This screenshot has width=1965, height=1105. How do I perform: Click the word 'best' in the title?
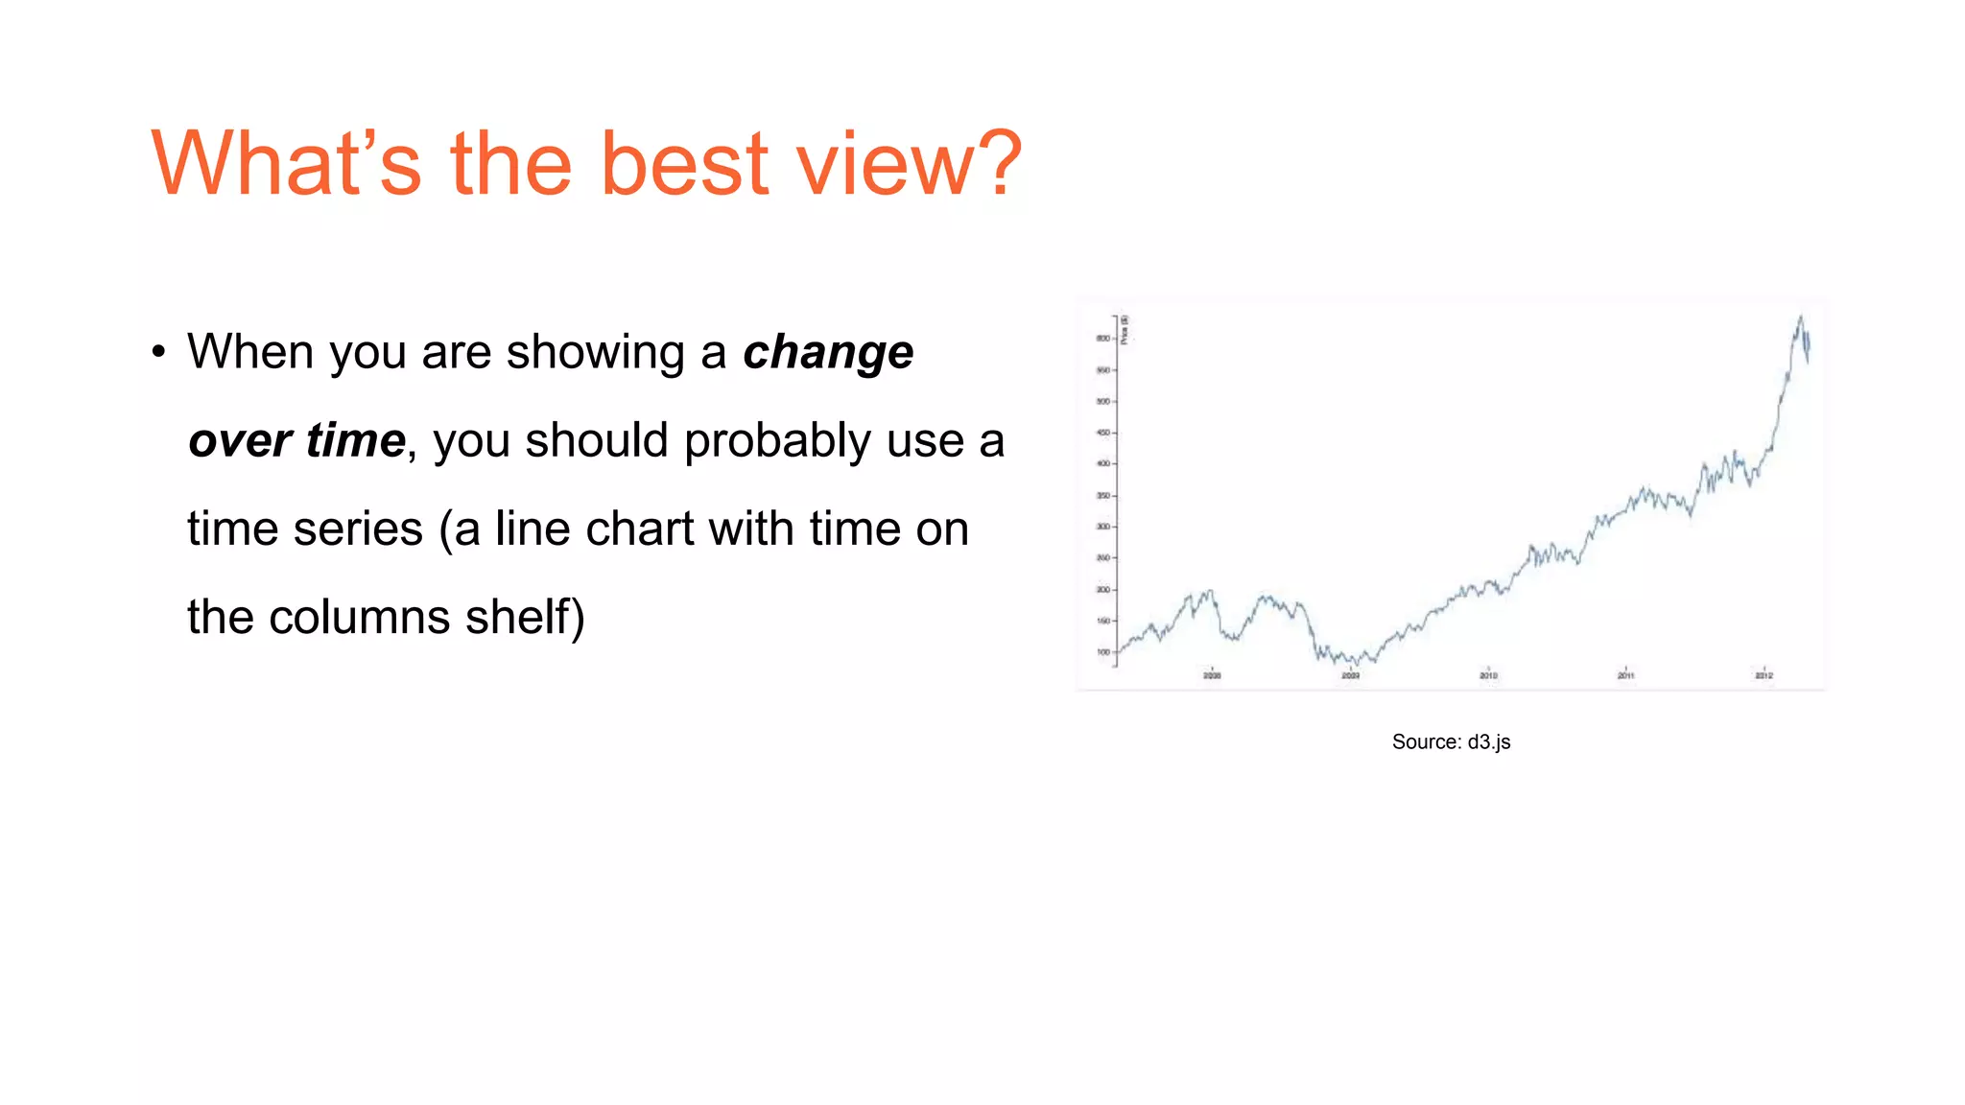(x=685, y=164)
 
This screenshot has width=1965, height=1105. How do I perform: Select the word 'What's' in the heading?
(x=286, y=164)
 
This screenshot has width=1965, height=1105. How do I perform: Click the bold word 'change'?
(x=828, y=352)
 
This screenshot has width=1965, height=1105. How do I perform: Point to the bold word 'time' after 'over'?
(x=356, y=440)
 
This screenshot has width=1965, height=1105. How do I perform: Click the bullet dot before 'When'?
(x=158, y=352)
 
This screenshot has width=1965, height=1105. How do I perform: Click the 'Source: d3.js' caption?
(x=1451, y=741)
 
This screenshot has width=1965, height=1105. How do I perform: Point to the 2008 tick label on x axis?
(x=1212, y=676)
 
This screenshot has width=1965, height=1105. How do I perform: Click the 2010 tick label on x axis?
(x=1488, y=676)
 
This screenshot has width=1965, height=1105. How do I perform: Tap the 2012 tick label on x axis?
(x=1764, y=676)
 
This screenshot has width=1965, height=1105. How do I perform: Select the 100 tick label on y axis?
(x=1102, y=652)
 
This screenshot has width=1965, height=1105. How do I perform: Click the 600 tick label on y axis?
(x=1102, y=339)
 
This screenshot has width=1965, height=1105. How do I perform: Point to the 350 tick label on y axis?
(x=1102, y=496)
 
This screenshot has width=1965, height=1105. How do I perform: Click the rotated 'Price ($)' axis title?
(x=1125, y=329)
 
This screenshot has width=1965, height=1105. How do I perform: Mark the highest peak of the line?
(x=1800, y=317)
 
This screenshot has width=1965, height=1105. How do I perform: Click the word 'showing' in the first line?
(x=595, y=352)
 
